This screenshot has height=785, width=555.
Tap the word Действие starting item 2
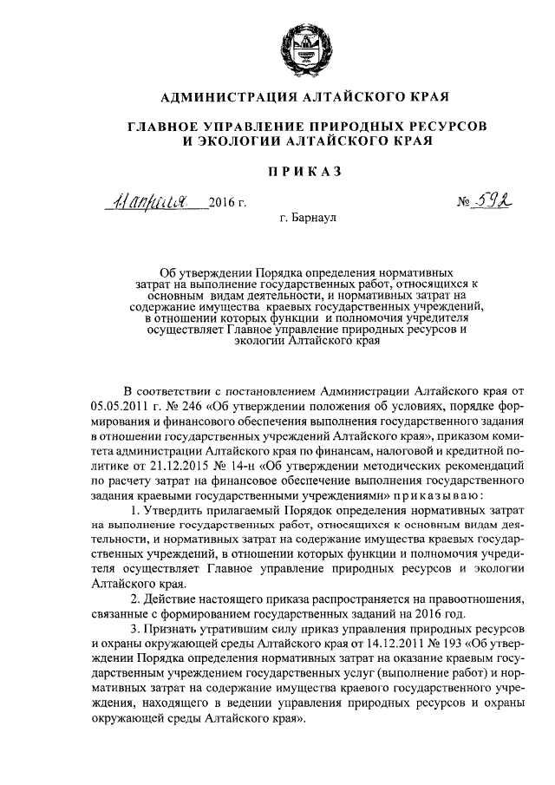(x=171, y=602)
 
